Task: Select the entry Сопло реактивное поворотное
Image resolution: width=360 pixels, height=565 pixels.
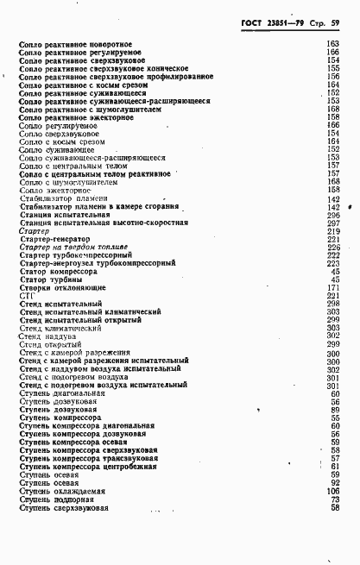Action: click(75, 44)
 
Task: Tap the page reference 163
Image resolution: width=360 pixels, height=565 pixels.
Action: click(333, 44)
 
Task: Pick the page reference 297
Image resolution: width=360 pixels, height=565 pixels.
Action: click(333, 223)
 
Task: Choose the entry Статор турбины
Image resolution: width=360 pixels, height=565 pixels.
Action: click(49, 279)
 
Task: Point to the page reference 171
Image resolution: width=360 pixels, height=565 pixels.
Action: click(333, 287)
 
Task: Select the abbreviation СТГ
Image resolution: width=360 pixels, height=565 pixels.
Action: click(26, 296)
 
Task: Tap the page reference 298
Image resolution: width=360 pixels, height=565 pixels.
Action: click(333, 304)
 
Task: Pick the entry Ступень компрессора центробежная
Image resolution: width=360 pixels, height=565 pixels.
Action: click(88, 466)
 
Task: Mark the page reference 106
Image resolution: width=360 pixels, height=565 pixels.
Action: click(333, 490)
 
